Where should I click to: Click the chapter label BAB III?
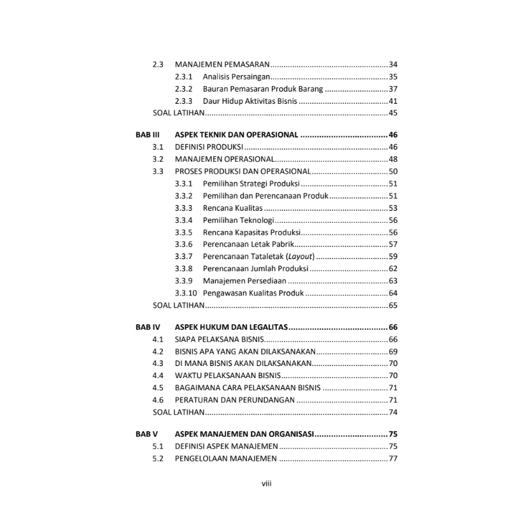coord(146,135)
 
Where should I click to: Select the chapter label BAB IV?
coord(146,327)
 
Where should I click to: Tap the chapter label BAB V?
coord(146,434)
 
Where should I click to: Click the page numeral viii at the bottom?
coord(267,483)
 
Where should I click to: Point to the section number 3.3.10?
coord(186,293)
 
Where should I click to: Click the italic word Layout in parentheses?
coord(301,257)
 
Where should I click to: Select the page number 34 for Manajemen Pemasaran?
coord(393,64)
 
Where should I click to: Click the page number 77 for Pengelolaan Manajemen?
coord(393,459)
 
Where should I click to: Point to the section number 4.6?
coord(158,400)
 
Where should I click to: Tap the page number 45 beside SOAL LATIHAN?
coord(393,113)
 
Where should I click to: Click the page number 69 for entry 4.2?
coord(393,352)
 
